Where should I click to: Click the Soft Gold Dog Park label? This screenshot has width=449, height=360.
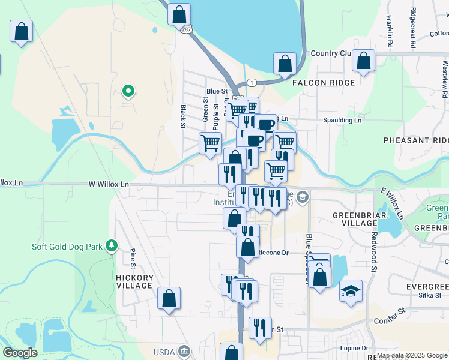(67, 247)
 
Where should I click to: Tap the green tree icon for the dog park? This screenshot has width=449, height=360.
(111, 247)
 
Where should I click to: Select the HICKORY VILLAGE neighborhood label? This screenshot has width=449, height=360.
(135, 281)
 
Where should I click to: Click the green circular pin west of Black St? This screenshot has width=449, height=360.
(128, 91)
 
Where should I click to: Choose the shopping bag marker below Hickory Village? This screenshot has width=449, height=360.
(169, 298)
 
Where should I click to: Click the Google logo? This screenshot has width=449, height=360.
(20, 353)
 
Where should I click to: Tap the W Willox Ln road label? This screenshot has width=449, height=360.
(109, 184)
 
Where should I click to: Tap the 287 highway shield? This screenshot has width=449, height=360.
(187, 29)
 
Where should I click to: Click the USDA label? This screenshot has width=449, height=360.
(164, 352)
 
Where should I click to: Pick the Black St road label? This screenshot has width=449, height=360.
(183, 116)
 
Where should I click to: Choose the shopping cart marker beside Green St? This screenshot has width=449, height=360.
(210, 144)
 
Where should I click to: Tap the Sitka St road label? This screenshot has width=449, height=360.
(431, 295)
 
